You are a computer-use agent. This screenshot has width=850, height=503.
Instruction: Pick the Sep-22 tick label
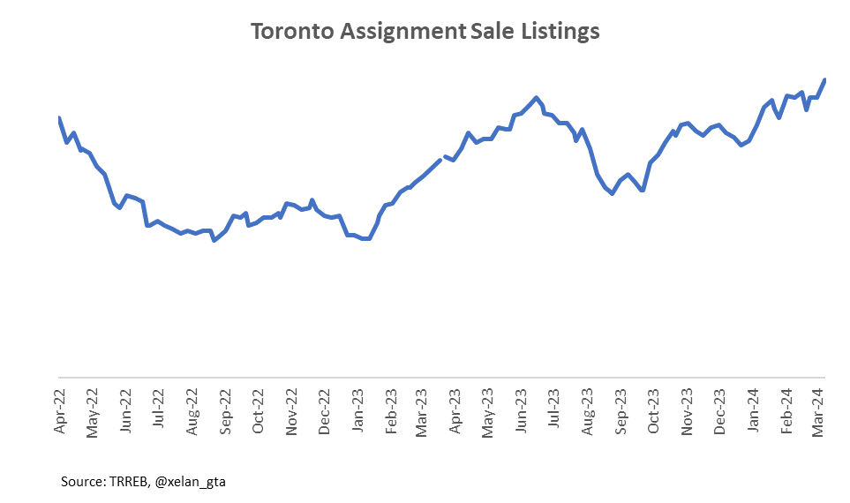click(225, 411)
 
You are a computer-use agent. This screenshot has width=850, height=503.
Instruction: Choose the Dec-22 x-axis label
click(325, 411)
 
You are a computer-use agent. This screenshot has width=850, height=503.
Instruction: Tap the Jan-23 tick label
click(358, 410)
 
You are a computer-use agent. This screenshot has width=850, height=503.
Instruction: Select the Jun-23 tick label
click(523, 410)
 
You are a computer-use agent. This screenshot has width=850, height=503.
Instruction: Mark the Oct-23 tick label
click(654, 411)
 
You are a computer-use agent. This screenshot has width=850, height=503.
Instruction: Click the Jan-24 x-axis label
click(754, 410)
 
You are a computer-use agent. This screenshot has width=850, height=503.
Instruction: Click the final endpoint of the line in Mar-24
click(824, 80)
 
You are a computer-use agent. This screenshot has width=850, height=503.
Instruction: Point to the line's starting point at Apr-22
click(59, 118)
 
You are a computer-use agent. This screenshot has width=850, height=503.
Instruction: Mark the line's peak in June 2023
click(536, 97)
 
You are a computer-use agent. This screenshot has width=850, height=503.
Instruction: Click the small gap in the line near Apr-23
click(442, 158)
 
